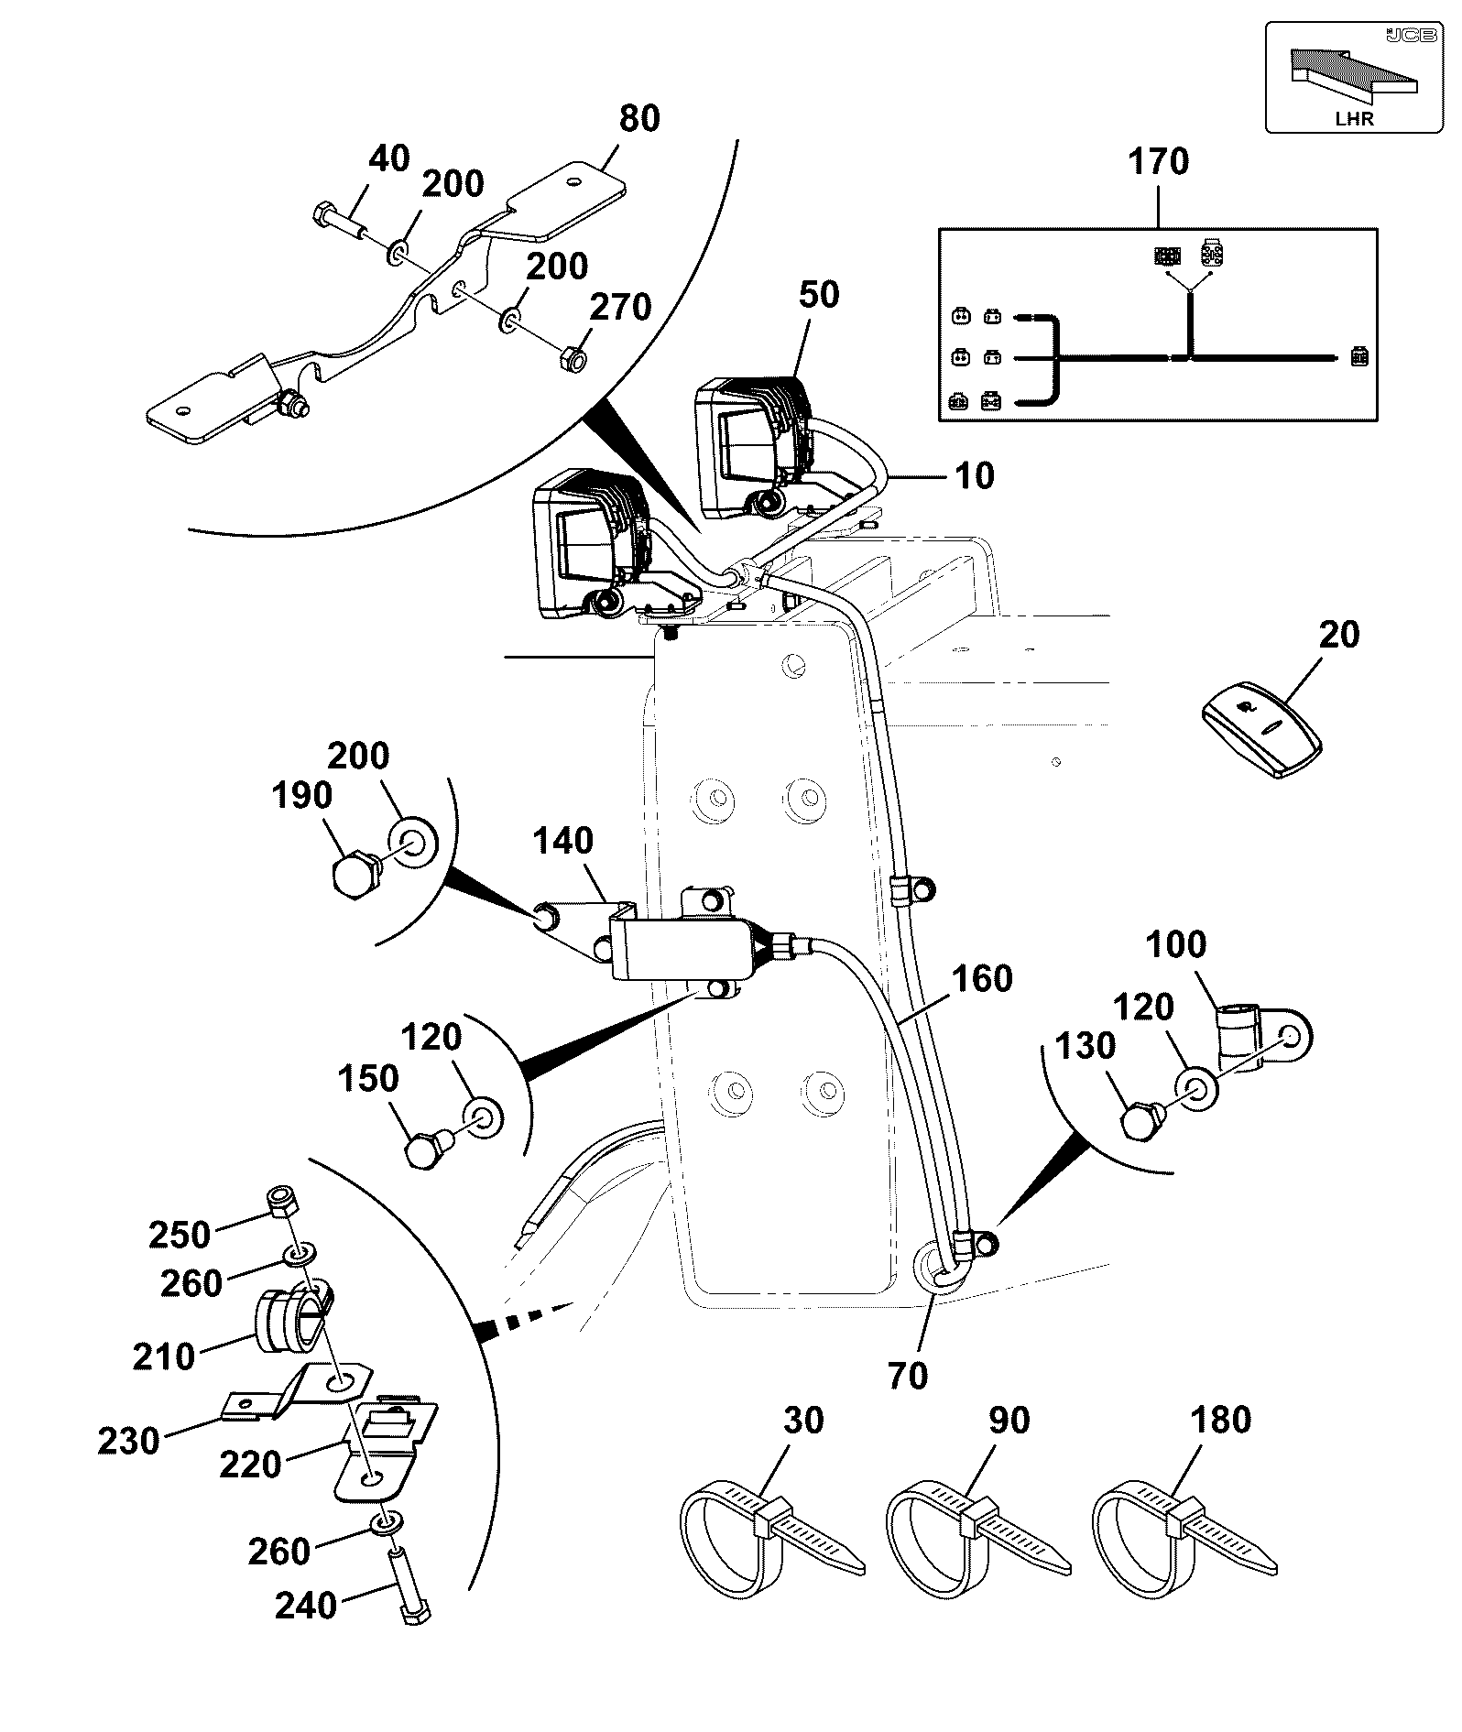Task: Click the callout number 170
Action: (1158, 161)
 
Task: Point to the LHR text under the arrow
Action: (1355, 117)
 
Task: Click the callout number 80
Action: (639, 119)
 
